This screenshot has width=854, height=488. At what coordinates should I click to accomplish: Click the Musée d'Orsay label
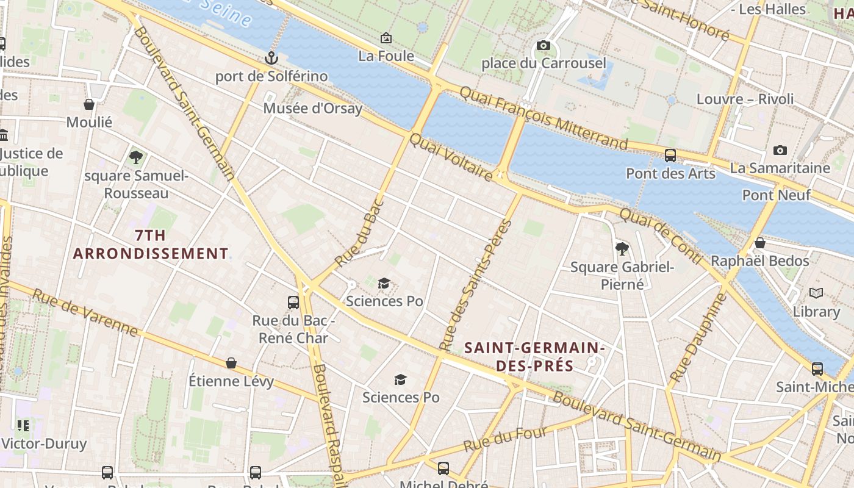pos(312,109)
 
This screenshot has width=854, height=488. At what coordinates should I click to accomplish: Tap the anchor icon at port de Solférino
pos(271,58)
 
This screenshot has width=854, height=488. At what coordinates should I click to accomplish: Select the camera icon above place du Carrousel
pos(544,45)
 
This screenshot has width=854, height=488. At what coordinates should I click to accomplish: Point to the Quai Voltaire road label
pos(451,157)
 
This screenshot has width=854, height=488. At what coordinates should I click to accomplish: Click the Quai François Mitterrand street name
pos(543,118)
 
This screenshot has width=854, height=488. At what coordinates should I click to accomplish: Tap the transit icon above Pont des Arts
pos(670,155)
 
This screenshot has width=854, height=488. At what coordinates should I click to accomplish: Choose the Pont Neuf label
pos(776,195)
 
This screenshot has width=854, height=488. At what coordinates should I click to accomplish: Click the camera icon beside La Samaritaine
pos(780,150)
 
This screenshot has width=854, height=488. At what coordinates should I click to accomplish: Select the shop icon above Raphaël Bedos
pos(759,243)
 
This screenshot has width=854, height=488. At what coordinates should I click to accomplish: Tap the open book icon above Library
pos(816,293)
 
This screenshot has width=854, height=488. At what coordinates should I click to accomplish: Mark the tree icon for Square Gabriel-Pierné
pos(622,248)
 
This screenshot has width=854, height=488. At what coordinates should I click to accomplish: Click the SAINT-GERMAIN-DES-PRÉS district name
pos(534,357)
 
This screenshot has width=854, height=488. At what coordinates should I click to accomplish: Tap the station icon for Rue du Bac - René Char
pos(293,302)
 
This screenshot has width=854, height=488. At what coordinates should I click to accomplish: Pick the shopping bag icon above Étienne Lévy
pos(231,363)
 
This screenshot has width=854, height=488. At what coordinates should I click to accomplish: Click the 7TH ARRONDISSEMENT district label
pos(151,244)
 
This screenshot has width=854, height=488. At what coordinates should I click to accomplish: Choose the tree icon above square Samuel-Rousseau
pos(136,157)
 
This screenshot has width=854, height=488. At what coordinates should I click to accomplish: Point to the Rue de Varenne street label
pos(85,312)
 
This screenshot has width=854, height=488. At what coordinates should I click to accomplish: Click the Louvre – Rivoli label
pos(745,99)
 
